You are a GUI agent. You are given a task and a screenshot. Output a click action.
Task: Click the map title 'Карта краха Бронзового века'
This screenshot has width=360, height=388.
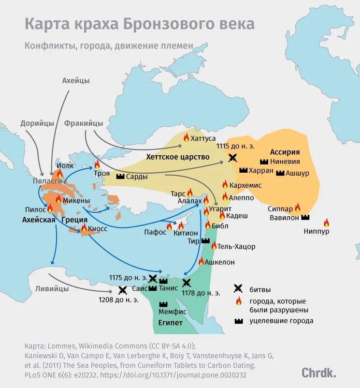coord(139,24)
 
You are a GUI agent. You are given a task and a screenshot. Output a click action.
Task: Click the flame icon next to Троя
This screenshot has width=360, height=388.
coord(97,164)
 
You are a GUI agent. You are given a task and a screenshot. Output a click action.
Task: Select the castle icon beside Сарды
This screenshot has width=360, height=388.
coord(120,177)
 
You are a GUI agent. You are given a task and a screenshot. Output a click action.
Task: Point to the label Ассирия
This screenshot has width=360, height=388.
coord(285,152)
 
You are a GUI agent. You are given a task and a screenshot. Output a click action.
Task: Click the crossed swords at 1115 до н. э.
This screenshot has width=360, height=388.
coord(233,157)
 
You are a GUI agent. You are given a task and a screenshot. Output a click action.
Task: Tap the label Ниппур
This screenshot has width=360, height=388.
coord(317,232)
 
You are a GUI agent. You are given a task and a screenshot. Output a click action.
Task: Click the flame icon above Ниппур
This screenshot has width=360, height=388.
coord(326,223)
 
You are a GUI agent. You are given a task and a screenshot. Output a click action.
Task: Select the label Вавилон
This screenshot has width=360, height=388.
coord(285,218)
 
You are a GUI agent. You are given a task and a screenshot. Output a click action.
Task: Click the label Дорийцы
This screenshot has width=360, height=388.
coord(37,123)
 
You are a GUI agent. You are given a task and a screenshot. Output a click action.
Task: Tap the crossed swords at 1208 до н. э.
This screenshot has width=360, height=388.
coord(122,290)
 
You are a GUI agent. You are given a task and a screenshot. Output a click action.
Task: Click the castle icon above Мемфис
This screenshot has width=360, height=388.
coord(163,304)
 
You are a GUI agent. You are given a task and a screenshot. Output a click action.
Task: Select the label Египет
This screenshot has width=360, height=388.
coord(170,323)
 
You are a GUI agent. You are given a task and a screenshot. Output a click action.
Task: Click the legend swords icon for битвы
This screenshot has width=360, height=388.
coord(238,289)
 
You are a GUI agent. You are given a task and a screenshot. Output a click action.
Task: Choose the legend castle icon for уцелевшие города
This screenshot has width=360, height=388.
coord(238,321)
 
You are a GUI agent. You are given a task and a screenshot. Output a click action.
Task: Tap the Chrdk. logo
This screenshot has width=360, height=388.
coord(319,372)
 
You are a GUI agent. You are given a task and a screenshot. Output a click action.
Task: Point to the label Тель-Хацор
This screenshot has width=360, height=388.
coord(236,247)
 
